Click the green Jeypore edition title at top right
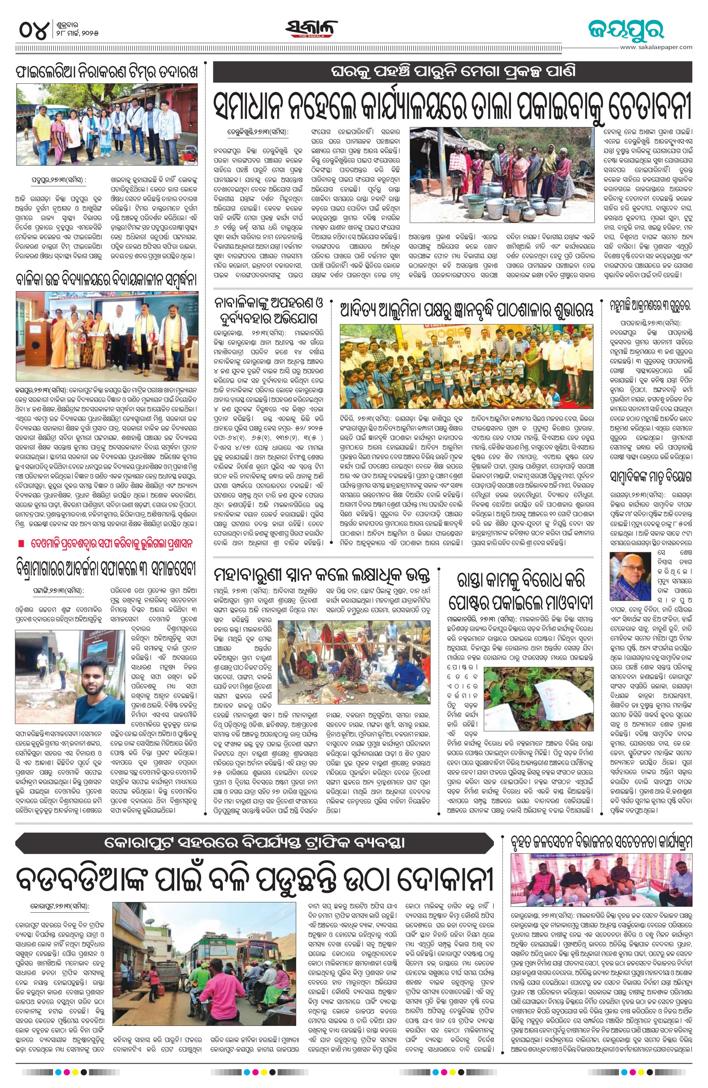click(626, 29)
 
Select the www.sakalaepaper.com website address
click(656, 47)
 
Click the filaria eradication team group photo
click(107, 124)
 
